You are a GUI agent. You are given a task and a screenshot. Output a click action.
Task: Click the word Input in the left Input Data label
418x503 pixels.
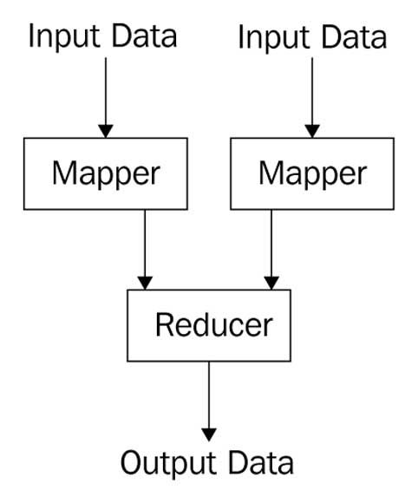click(64, 37)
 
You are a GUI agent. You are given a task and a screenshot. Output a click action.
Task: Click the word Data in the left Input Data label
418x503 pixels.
click(144, 36)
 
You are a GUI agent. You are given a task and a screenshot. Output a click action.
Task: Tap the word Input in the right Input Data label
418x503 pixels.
click(274, 38)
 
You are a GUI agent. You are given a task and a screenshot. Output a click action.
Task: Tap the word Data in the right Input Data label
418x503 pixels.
click(354, 37)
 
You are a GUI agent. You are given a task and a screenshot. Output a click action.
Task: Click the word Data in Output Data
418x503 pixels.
click(261, 462)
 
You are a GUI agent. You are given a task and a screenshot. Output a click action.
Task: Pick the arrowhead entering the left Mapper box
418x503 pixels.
click(106, 131)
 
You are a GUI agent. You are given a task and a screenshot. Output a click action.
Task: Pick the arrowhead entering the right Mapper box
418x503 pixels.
click(312, 131)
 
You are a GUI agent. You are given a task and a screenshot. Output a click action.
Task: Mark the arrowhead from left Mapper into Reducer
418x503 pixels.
click(145, 283)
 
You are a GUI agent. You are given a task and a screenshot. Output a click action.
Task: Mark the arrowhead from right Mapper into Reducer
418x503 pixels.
click(271, 283)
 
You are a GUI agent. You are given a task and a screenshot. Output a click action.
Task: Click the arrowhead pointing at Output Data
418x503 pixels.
click(209, 434)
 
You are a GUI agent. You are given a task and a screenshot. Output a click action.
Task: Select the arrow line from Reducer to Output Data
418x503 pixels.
click(209, 402)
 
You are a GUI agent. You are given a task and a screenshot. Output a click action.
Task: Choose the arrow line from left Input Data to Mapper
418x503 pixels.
click(106, 98)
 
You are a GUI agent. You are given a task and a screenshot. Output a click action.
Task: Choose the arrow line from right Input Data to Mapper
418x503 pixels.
click(312, 98)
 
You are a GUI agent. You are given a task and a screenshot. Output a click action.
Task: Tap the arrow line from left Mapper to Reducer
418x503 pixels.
click(145, 250)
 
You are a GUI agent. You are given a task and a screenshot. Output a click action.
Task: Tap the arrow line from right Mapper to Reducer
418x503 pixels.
click(271, 250)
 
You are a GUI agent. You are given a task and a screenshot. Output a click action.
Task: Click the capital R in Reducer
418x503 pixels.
click(164, 324)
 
